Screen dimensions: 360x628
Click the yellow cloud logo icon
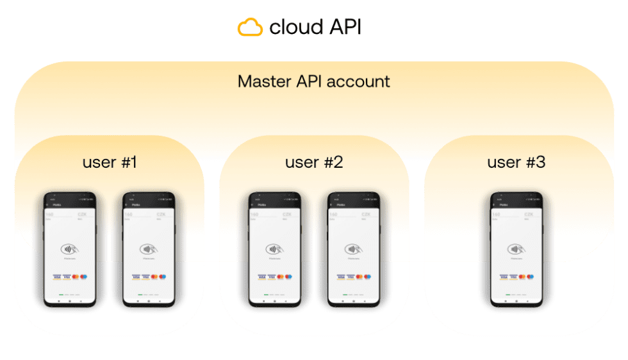coord(250,27)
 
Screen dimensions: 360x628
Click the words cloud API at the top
coord(315,27)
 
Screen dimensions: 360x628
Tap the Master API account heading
coord(313,82)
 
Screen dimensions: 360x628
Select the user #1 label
coord(110,162)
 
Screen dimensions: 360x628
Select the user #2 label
coord(314,162)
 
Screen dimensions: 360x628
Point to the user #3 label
coord(516,162)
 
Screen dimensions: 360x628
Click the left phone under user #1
coord(70,250)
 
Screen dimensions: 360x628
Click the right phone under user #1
coord(149,250)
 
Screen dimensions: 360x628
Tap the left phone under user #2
coord(274,250)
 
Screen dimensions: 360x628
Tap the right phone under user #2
coord(353,250)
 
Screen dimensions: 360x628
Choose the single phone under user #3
coord(516,250)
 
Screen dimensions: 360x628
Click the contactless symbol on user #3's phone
coord(516,249)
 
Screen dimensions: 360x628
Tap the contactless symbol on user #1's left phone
coord(70,249)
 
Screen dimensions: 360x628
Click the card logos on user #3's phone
coord(516,277)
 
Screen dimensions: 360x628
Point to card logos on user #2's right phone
coord(353,277)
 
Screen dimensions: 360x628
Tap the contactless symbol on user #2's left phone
coord(274,249)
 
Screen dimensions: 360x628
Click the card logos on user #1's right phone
coord(149,277)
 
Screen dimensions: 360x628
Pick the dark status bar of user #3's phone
coord(516,200)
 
